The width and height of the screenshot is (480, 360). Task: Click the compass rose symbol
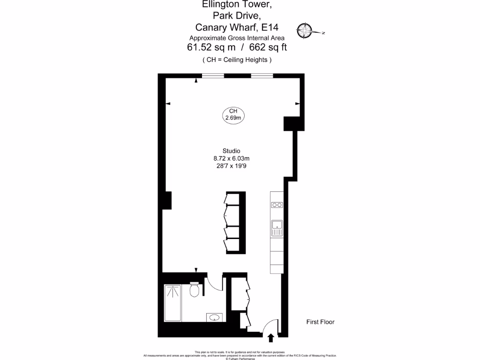pyautogui.click(x=307, y=30)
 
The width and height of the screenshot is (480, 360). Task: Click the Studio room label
pyautogui.click(x=231, y=151)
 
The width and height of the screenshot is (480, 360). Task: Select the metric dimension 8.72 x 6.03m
pyautogui.click(x=231, y=158)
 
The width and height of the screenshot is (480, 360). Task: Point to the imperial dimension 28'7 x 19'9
pyautogui.click(x=231, y=166)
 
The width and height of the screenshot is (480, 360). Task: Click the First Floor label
pyautogui.click(x=320, y=322)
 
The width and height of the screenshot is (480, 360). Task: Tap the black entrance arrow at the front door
pyautogui.click(x=270, y=337)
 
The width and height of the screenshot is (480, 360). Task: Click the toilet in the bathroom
pyautogui.click(x=195, y=291)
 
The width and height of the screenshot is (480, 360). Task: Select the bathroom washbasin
pyautogui.click(x=214, y=317)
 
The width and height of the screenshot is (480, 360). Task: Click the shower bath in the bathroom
pyautogui.click(x=173, y=303)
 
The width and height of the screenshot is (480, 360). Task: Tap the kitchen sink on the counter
pyautogui.click(x=277, y=227)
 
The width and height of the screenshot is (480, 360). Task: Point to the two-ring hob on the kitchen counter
pyautogui.click(x=277, y=204)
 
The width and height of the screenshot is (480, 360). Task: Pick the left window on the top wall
pyautogui.click(x=213, y=75)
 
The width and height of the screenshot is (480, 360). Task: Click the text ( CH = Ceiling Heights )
pyautogui.click(x=237, y=60)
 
